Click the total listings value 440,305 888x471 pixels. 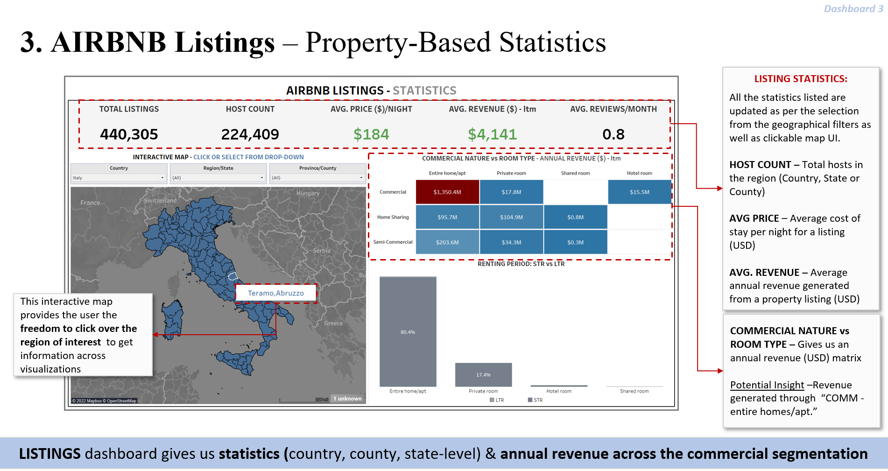(129, 134)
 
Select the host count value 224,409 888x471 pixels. (250, 134)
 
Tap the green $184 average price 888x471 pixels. (371, 134)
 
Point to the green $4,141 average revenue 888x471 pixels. (492, 134)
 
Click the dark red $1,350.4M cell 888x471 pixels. (447, 192)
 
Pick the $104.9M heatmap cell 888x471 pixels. (511, 217)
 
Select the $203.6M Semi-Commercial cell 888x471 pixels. (447, 242)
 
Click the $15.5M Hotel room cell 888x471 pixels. (639, 192)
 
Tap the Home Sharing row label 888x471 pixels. (393, 217)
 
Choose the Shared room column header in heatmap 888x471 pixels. (575, 173)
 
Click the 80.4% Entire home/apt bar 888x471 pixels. (408, 332)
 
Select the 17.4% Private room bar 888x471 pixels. (483, 375)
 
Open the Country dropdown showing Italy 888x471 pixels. (119, 178)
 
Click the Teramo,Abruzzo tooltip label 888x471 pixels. (275, 293)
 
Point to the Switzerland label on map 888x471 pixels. (160, 201)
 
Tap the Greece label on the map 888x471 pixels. (333, 323)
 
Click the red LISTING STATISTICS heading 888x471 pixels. (801, 79)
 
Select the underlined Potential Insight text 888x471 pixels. (767, 385)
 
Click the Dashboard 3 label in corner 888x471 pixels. (853, 9)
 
